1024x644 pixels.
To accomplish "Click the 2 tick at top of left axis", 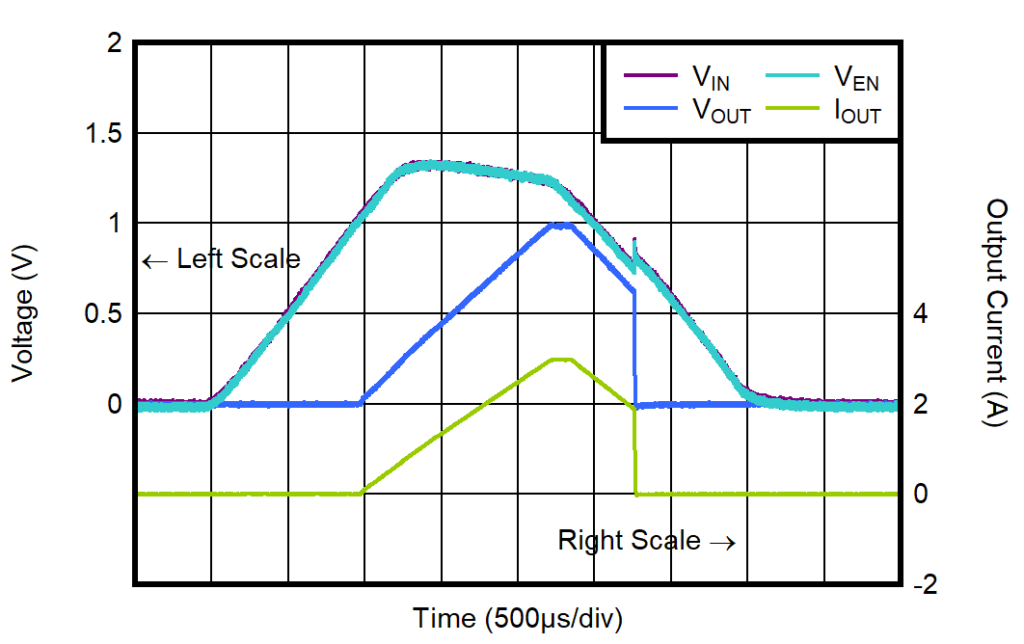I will pyautogui.click(x=115, y=43).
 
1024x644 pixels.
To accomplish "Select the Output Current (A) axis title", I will pyautogui.click(x=995, y=313).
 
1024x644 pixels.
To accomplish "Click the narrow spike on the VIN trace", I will pyautogui.click(x=633, y=243).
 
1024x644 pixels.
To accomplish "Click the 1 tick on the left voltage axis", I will pyautogui.click(x=115, y=224).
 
